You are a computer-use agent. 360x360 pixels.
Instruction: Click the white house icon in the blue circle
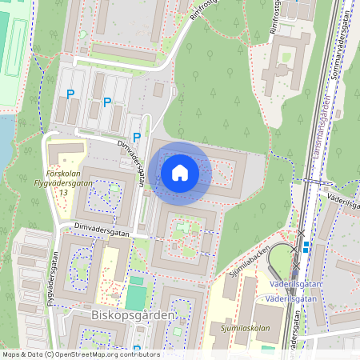[180, 173]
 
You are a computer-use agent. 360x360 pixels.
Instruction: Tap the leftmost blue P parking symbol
[70, 94]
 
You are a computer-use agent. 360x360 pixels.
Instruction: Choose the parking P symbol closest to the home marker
[136, 138]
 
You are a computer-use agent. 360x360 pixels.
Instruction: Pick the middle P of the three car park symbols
[107, 102]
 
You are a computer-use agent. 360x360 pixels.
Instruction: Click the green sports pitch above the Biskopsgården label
[136, 297]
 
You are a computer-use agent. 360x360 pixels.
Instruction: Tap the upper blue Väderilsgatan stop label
[297, 284]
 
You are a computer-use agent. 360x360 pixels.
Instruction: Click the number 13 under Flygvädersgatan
[62, 193]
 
